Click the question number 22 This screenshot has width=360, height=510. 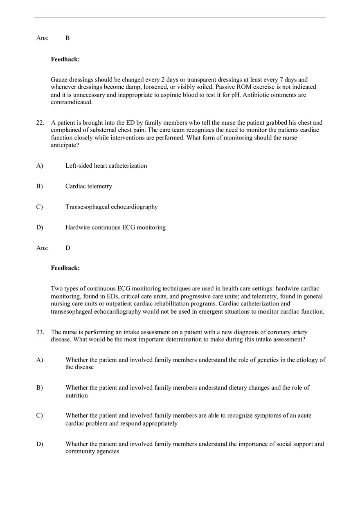coord(40,122)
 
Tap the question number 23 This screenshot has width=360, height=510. coord(40,332)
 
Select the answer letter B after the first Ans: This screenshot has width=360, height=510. coord(67,38)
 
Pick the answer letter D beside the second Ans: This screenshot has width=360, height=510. coord(67,248)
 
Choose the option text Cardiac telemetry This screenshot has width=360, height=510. coord(88,186)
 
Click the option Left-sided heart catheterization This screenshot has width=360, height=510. coord(106,166)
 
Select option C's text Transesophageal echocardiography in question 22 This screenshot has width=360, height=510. coord(111,207)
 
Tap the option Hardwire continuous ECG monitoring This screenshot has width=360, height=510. coord(115,227)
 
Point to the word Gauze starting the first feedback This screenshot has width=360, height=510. coord(60,80)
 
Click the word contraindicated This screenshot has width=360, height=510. coord(72,102)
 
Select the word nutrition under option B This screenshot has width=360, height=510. coord(76,395)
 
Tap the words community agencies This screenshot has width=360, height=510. coord(92,452)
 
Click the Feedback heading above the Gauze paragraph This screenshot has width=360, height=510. coord(65,60)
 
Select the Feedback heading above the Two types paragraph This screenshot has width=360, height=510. coord(65,268)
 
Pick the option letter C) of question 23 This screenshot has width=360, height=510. coord(39,416)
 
